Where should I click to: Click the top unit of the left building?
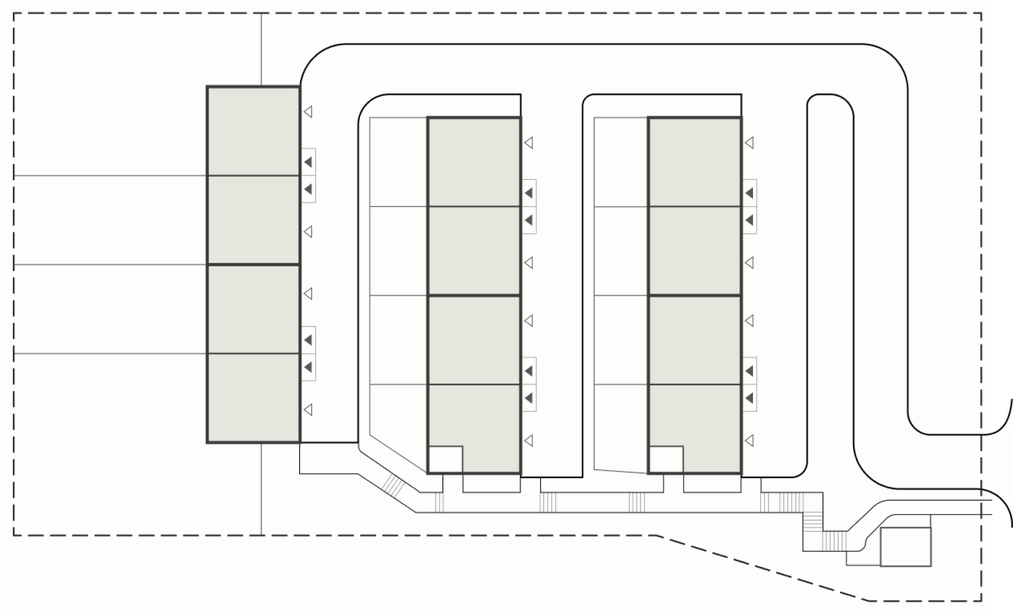tap(253, 131)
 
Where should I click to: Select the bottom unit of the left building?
tap(253, 397)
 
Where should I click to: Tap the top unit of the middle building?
tap(474, 162)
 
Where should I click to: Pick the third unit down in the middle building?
tap(474, 340)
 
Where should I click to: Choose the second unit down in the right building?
tap(694, 251)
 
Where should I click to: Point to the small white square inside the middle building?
tap(445, 459)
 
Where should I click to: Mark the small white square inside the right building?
tap(666, 459)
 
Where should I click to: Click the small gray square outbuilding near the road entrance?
tap(906, 546)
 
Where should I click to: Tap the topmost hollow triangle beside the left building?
tap(308, 112)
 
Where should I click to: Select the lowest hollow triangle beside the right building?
tap(749, 441)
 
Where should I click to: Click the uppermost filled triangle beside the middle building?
tap(528, 193)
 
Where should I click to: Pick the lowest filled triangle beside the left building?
tap(308, 367)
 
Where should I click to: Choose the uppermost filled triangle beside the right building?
tap(749, 193)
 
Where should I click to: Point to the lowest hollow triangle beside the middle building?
tap(528, 441)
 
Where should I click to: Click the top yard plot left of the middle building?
tap(399, 162)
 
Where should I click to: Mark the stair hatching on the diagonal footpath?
tap(392, 483)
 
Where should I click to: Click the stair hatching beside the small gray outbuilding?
tap(834, 540)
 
